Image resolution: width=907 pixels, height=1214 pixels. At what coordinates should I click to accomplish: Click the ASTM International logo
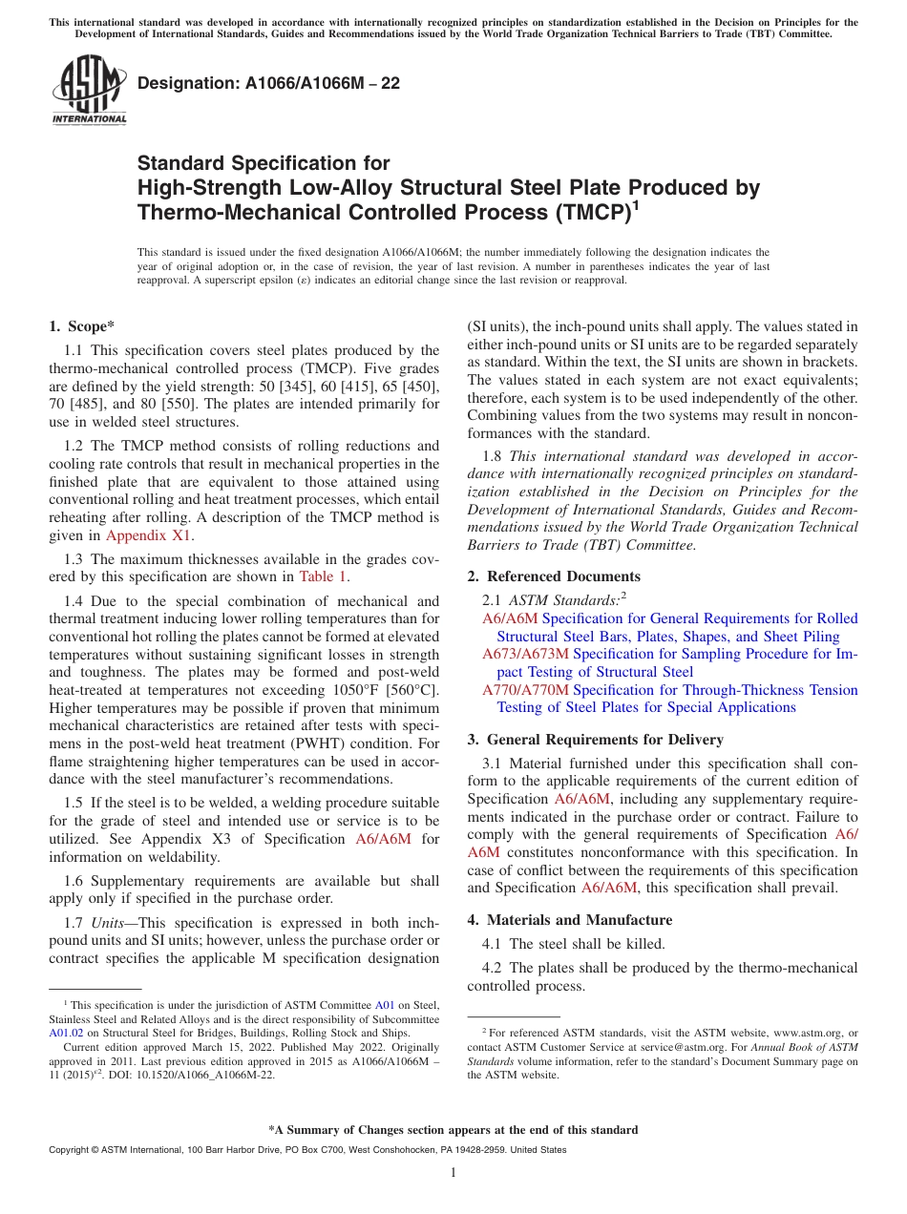(88, 91)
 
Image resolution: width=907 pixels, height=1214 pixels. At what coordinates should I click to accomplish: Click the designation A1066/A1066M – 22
(268, 83)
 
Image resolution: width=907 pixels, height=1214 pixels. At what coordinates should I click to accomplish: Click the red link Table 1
(324, 576)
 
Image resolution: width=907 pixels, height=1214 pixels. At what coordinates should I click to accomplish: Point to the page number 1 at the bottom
(453, 1172)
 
